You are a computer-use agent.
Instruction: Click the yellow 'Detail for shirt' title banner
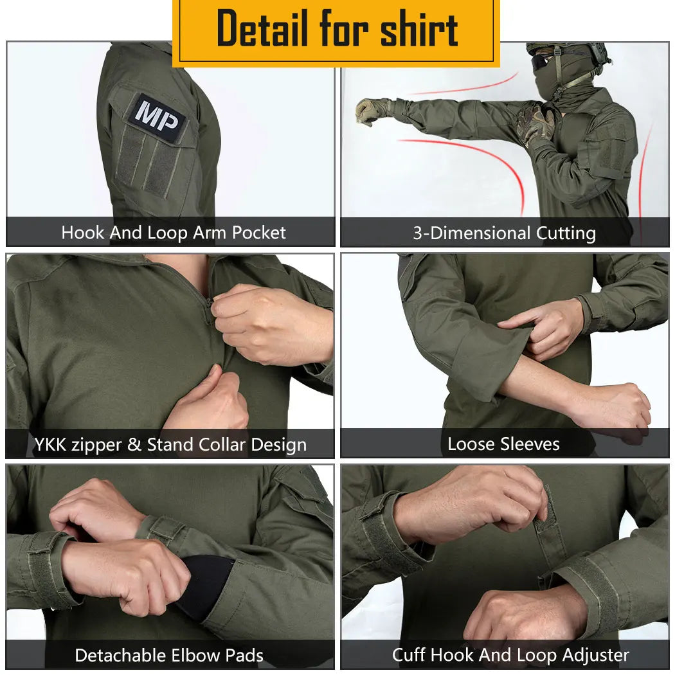point(336,30)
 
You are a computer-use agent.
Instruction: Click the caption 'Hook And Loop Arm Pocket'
point(174,233)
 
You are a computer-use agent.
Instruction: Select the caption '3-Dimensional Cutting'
point(504,233)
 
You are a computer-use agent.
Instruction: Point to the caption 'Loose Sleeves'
point(503,444)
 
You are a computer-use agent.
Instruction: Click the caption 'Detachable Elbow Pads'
point(169,655)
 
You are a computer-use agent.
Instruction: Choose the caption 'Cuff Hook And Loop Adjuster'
point(510,655)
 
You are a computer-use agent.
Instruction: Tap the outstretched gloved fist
point(369,111)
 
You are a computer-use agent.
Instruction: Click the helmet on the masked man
point(566,55)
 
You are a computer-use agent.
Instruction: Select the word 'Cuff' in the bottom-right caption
point(410,655)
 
